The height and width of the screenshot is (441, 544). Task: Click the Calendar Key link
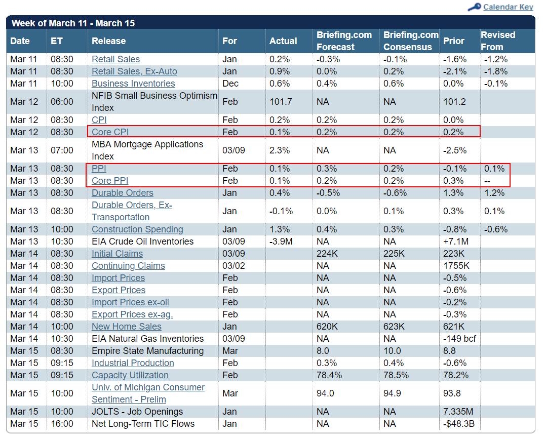(x=508, y=7)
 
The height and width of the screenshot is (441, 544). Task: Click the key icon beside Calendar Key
(x=474, y=7)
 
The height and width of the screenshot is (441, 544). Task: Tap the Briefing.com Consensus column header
(x=411, y=41)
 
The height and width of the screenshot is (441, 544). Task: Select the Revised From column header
(x=498, y=41)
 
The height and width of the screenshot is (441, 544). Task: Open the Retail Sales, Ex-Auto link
(x=134, y=71)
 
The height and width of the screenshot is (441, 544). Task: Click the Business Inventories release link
(x=133, y=84)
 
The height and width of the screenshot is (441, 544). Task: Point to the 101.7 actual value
(x=281, y=102)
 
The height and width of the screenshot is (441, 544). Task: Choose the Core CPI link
(x=110, y=132)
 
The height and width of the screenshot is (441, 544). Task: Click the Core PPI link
(x=109, y=181)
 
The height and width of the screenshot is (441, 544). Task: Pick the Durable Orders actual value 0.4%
(x=280, y=193)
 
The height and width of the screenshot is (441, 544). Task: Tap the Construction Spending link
(x=137, y=229)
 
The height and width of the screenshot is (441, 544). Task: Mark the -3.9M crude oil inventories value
(x=281, y=242)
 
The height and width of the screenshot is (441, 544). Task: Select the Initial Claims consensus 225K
(x=394, y=254)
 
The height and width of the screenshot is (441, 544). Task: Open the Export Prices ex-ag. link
(x=132, y=314)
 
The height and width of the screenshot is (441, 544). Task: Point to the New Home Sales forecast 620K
(x=327, y=327)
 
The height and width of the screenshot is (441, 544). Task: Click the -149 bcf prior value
(x=460, y=339)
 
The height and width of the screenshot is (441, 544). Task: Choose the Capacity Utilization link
(x=130, y=375)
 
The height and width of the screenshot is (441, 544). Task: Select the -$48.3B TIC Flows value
(x=459, y=424)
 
